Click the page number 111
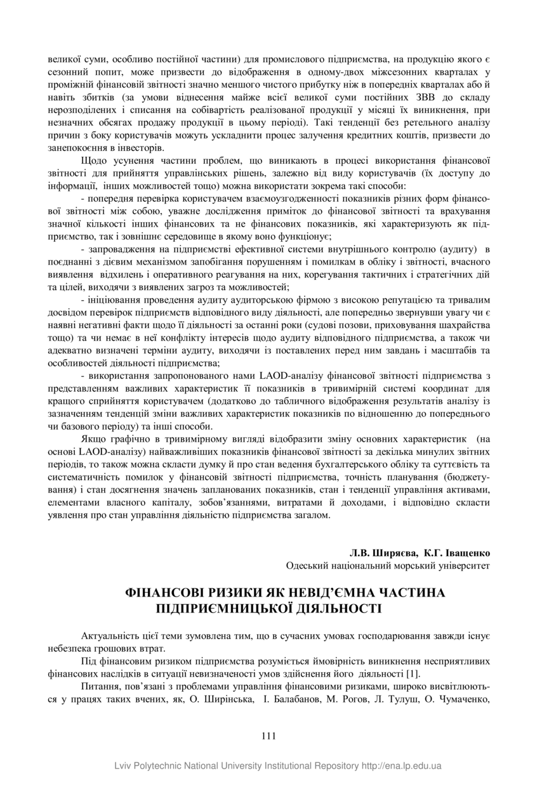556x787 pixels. tap(268, 736)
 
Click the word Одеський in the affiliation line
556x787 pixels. tap(305, 564)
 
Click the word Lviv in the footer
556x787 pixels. tap(123, 766)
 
